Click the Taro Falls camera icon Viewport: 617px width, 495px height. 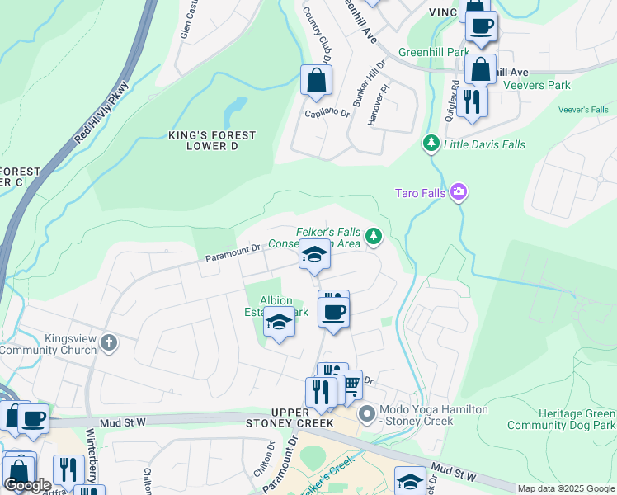[x=459, y=193]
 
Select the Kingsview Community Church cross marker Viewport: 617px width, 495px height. [x=109, y=342]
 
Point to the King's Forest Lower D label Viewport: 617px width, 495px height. [x=212, y=140]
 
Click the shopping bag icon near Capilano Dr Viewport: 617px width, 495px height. [x=316, y=81]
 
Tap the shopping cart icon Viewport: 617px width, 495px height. [x=351, y=384]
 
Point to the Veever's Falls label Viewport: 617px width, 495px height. [x=582, y=110]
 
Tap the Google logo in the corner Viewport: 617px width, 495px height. [x=27, y=485]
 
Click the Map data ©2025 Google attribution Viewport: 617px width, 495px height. [x=566, y=488]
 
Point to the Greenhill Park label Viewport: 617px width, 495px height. [x=434, y=52]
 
